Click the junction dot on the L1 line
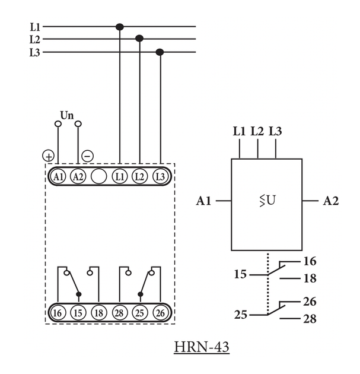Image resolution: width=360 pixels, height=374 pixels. coord(120,27)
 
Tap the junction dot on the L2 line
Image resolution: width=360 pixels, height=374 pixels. coord(139,38)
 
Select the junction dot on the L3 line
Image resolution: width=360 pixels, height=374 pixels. coord(160,52)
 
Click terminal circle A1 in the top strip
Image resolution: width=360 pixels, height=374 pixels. coord(58,176)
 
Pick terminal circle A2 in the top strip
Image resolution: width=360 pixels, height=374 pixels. coord(78,176)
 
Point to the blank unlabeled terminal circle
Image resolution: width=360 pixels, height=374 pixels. coord(98,176)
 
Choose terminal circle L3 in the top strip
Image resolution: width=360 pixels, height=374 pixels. coord(160,176)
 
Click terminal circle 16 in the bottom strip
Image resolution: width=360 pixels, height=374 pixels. coord(58,312)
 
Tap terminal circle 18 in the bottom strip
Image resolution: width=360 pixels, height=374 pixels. coord(98,312)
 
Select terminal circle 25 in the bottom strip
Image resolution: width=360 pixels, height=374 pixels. coord(139,312)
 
